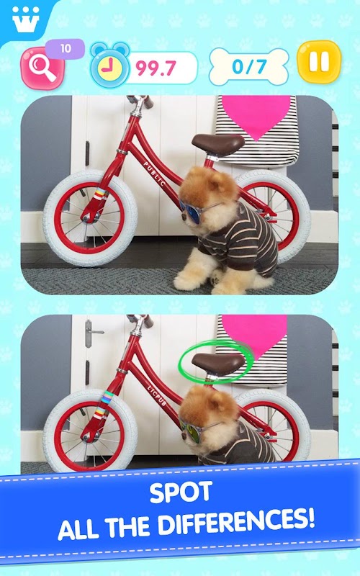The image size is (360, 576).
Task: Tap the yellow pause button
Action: [x=319, y=62]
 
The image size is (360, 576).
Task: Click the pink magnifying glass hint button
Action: [x=42, y=68]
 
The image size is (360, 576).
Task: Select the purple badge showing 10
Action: [x=66, y=48]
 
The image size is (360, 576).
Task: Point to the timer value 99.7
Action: [x=156, y=68]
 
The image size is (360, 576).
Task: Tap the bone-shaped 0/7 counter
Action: [x=248, y=67]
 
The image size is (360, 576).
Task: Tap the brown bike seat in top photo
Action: [x=218, y=143]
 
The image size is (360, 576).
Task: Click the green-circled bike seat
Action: [x=218, y=362]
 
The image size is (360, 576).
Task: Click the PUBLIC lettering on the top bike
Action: [x=154, y=174]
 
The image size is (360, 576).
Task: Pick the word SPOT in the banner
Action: [x=181, y=492]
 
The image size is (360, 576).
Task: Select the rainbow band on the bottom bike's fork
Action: [x=107, y=397]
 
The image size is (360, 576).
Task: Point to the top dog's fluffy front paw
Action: [x=187, y=280]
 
